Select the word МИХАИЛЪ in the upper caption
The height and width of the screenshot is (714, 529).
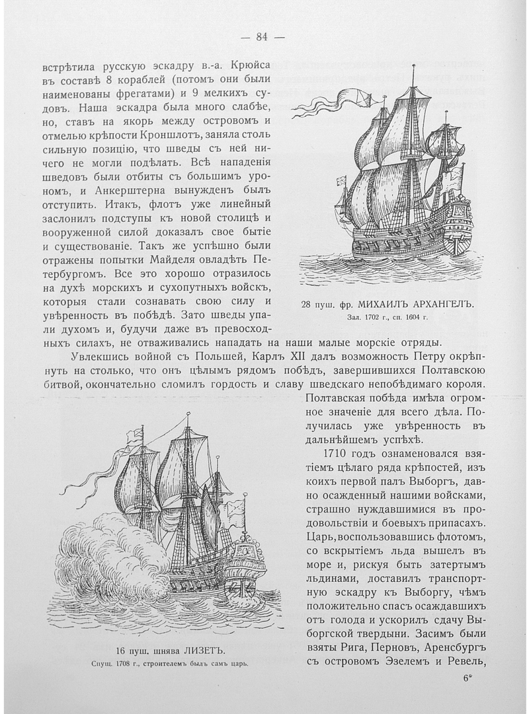point(385,305)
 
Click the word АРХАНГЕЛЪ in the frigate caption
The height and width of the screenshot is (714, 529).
point(444,305)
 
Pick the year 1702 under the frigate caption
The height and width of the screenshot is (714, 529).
point(372,318)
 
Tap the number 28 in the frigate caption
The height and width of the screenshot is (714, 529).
point(307,305)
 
